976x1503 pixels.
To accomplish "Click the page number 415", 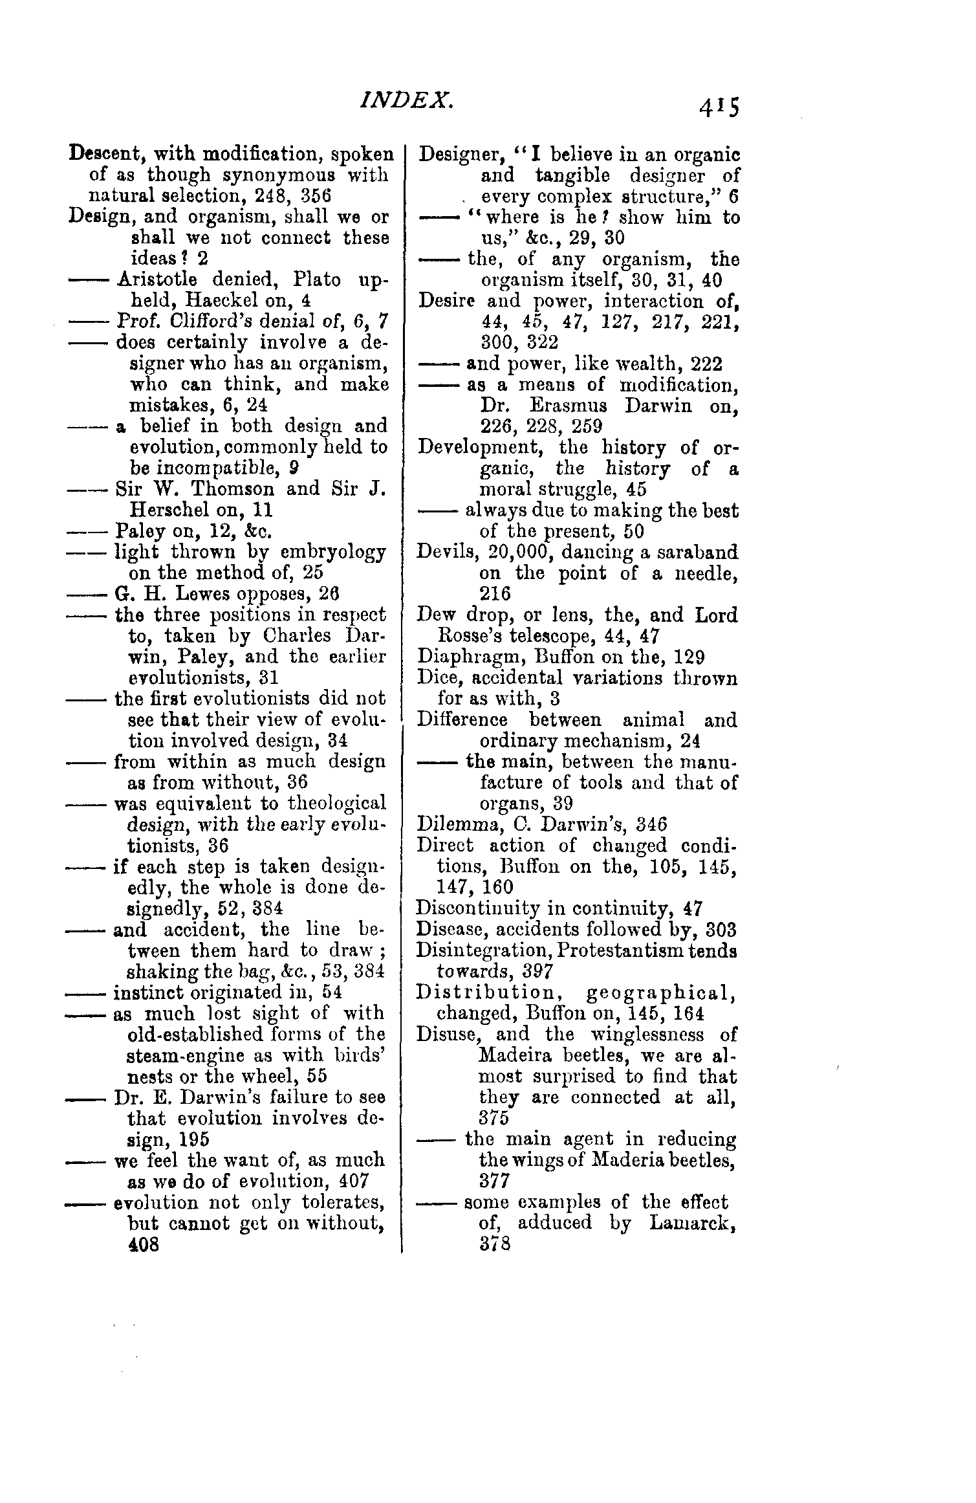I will click(x=718, y=105).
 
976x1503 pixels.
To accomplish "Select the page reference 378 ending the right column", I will click(x=495, y=1244).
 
